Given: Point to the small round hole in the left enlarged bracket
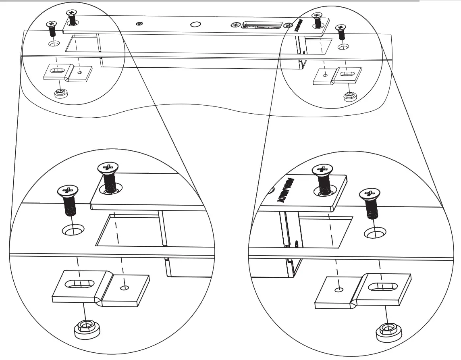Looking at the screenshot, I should click(125, 287).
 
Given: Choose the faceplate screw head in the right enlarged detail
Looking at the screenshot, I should click(322, 169).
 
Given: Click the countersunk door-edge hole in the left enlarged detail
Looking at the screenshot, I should click(73, 231).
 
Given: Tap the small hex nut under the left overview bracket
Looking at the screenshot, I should click(60, 93).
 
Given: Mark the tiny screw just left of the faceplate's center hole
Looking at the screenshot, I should click(139, 24).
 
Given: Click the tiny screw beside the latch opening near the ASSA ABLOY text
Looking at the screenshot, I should click(288, 25).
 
